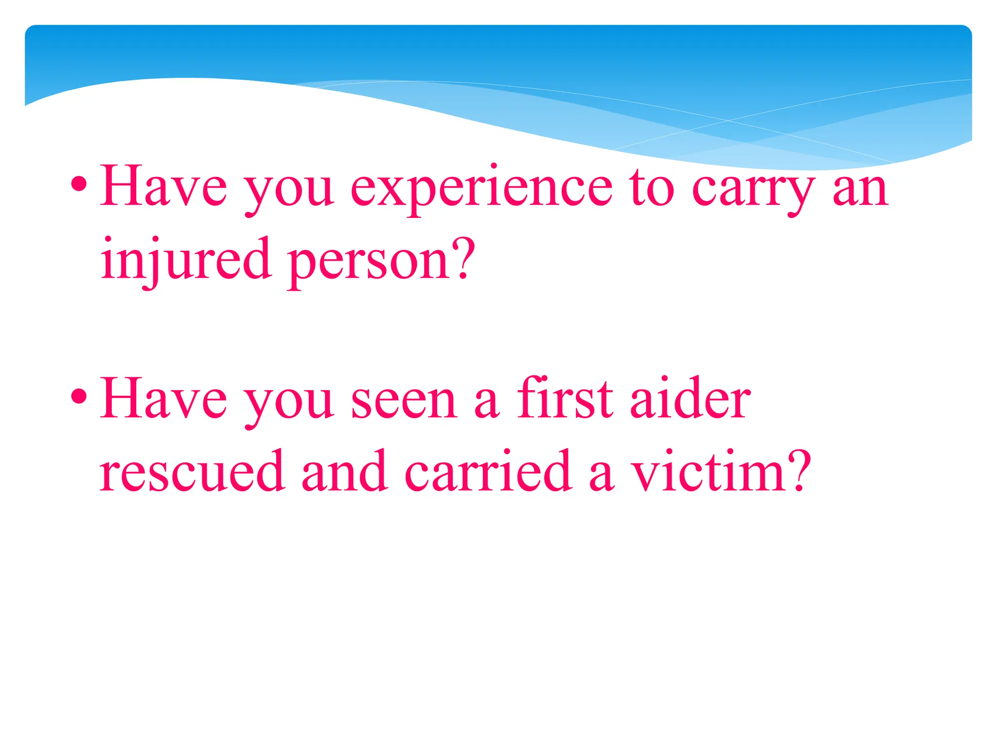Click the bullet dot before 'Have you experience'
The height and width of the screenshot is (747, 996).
[79, 185]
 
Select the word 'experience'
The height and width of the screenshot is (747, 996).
[481, 190]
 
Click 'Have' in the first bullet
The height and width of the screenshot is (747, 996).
[163, 187]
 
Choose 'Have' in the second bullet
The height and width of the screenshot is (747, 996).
[163, 399]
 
